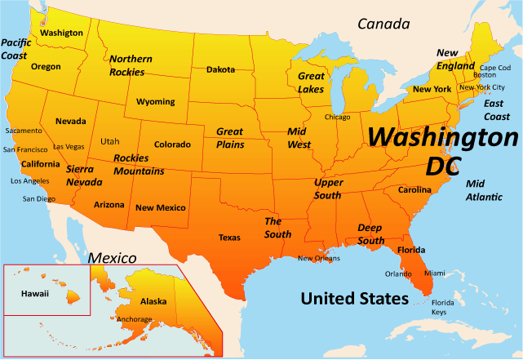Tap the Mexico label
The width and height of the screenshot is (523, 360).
(x=112, y=258)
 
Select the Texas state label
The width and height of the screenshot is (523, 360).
(x=229, y=238)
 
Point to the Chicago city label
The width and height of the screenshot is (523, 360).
(x=337, y=117)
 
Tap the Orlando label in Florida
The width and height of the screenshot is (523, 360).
(x=398, y=274)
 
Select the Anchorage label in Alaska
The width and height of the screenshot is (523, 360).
(x=135, y=319)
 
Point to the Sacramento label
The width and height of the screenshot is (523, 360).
(x=23, y=131)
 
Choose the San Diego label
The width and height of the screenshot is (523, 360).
(x=39, y=198)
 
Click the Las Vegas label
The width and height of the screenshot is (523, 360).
(x=69, y=147)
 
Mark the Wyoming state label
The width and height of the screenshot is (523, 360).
(x=155, y=102)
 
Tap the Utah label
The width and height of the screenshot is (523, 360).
(x=109, y=141)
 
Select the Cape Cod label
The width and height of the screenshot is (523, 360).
(x=494, y=68)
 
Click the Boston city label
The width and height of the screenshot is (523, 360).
(x=485, y=76)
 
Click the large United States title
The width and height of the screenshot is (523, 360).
(x=354, y=299)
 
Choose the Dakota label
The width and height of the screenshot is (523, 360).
(x=220, y=69)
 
